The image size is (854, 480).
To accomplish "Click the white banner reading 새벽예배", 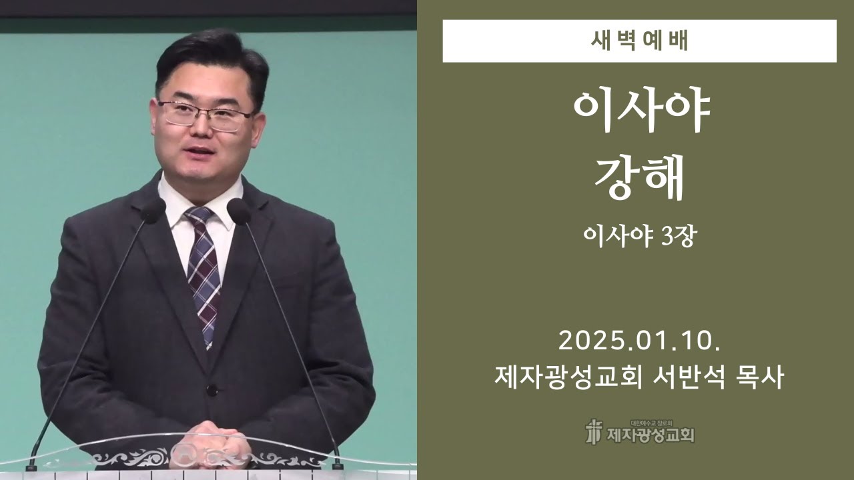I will click(639, 41).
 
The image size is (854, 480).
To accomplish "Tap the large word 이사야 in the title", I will click(639, 112).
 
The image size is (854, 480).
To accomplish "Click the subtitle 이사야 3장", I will click(639, 236).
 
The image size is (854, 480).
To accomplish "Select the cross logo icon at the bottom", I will click(592, 431).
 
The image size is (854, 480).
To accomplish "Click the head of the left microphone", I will click(153, 211).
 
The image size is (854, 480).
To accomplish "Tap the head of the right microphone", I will click(239, 211).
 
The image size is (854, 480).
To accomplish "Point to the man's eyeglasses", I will click(205, 115).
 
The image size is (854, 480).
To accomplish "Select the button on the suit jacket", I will click(211, 390).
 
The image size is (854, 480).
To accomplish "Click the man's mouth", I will click(199, 152).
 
